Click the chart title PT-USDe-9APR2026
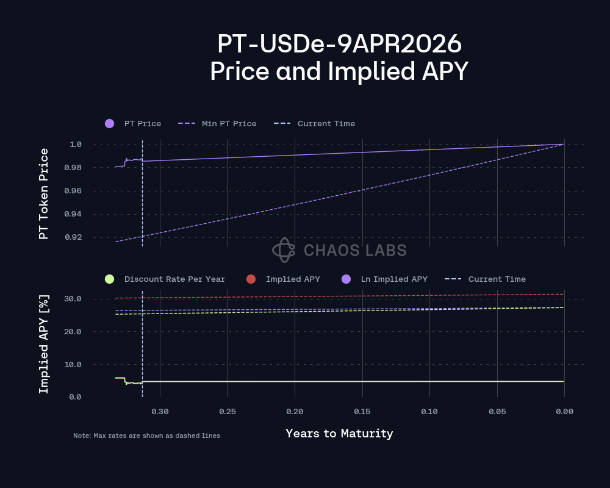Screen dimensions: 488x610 point(339,45)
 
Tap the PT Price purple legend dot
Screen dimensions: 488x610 point(110,123)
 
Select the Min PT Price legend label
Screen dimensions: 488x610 point(229,123)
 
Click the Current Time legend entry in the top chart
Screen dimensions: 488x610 point(326,123)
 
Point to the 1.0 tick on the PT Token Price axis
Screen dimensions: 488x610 point(76,145)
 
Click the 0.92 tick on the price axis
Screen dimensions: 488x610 point(73,237)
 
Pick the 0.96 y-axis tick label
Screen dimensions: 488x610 point(73,191)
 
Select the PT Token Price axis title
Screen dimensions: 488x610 point(43,193)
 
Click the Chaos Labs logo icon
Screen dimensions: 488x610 point(284,249)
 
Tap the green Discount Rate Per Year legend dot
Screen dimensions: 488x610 point(110,279)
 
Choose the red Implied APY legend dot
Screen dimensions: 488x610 point(251,279)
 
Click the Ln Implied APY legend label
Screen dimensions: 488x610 point(393,279)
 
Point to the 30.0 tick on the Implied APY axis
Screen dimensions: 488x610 point(73,299)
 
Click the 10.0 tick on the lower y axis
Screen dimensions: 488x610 point(73,364)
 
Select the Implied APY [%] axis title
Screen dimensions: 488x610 point(43,344)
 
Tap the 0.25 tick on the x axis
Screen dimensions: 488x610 point(228,412)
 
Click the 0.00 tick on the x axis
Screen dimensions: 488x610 point(564,412)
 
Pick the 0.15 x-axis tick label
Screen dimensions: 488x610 point(362,412)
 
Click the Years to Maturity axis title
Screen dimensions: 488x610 point(339,434)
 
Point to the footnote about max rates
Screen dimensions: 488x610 point(146,436)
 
